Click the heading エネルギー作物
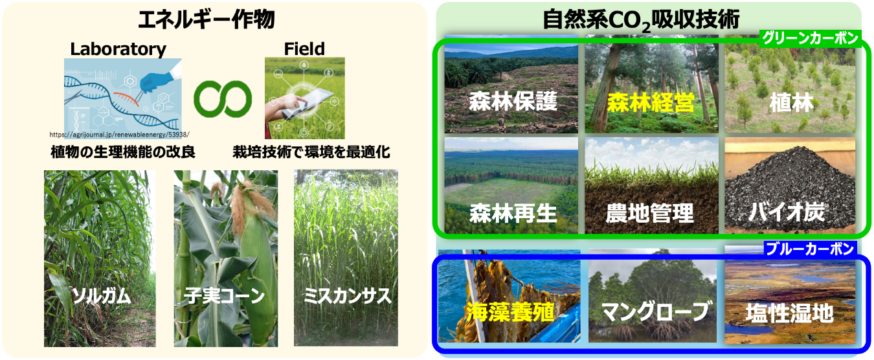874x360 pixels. [207, 19]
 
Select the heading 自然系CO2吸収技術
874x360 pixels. [641, 20]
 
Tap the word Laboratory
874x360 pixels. [118, 49]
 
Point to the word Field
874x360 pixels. [304, 49]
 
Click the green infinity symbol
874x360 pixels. [223, 99]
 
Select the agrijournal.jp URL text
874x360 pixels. [119, 135]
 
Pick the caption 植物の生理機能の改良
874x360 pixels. [123, 152]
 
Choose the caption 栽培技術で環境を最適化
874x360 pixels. [311, 152]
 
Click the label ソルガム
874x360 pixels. [102, 297]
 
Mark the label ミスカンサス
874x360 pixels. [347, 295]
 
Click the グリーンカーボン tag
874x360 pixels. [810, 38]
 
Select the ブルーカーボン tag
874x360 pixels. [810, 249]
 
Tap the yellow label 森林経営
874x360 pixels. [651, 102]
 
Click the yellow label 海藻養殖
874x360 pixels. [510, 313]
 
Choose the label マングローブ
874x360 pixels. [655, 311]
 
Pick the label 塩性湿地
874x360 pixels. [789, 313]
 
